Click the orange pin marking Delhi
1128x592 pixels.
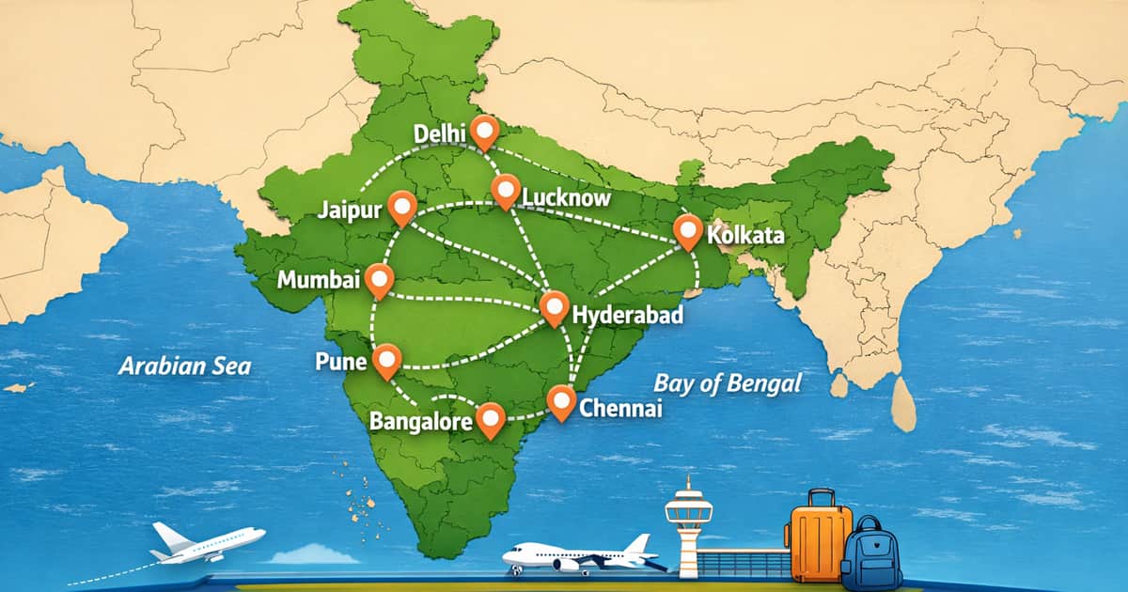tap(485, 132)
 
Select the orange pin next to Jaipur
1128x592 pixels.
tap(402, 208)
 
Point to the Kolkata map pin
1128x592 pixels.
tap(688, 231)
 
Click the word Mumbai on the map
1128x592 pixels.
tap(319, 280)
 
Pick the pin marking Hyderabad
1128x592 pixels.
tap(554, 307)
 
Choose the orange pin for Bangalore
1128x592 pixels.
tap(491, 419)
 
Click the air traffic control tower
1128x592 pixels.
tap(688, 526)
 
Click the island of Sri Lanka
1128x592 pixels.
tap(903, 403)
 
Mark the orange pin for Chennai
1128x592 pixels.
tap(561, 401)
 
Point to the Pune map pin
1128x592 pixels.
tap(386, 360)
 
